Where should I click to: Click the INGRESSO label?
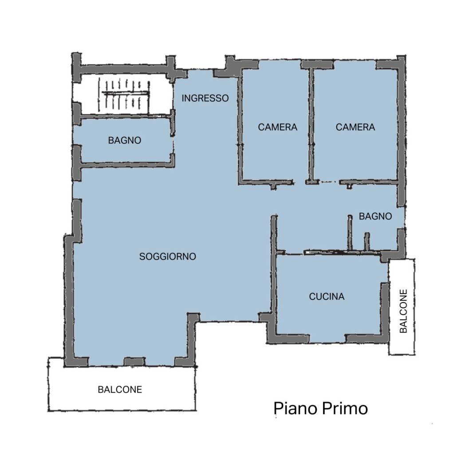(x=205, y=98)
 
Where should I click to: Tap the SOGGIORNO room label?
(x=167, y=256)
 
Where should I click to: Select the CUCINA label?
(x=327, y=297)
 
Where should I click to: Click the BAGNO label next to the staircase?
(x=125, y=140)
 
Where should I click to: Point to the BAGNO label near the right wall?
(x=375, y=217)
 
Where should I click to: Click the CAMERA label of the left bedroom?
(x=277, y=127)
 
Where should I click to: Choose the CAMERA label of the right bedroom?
(x=355, y=127)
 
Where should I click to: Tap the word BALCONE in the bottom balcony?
(x=120, y=390)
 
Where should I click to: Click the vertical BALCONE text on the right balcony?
(x=403, y=311)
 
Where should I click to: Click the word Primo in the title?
(x=344, y=408)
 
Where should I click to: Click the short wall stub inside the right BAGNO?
(x=366, y=241)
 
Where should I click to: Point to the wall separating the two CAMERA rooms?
(x=311, y=124)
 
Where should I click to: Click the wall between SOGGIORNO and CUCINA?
(x=273, y=266)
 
